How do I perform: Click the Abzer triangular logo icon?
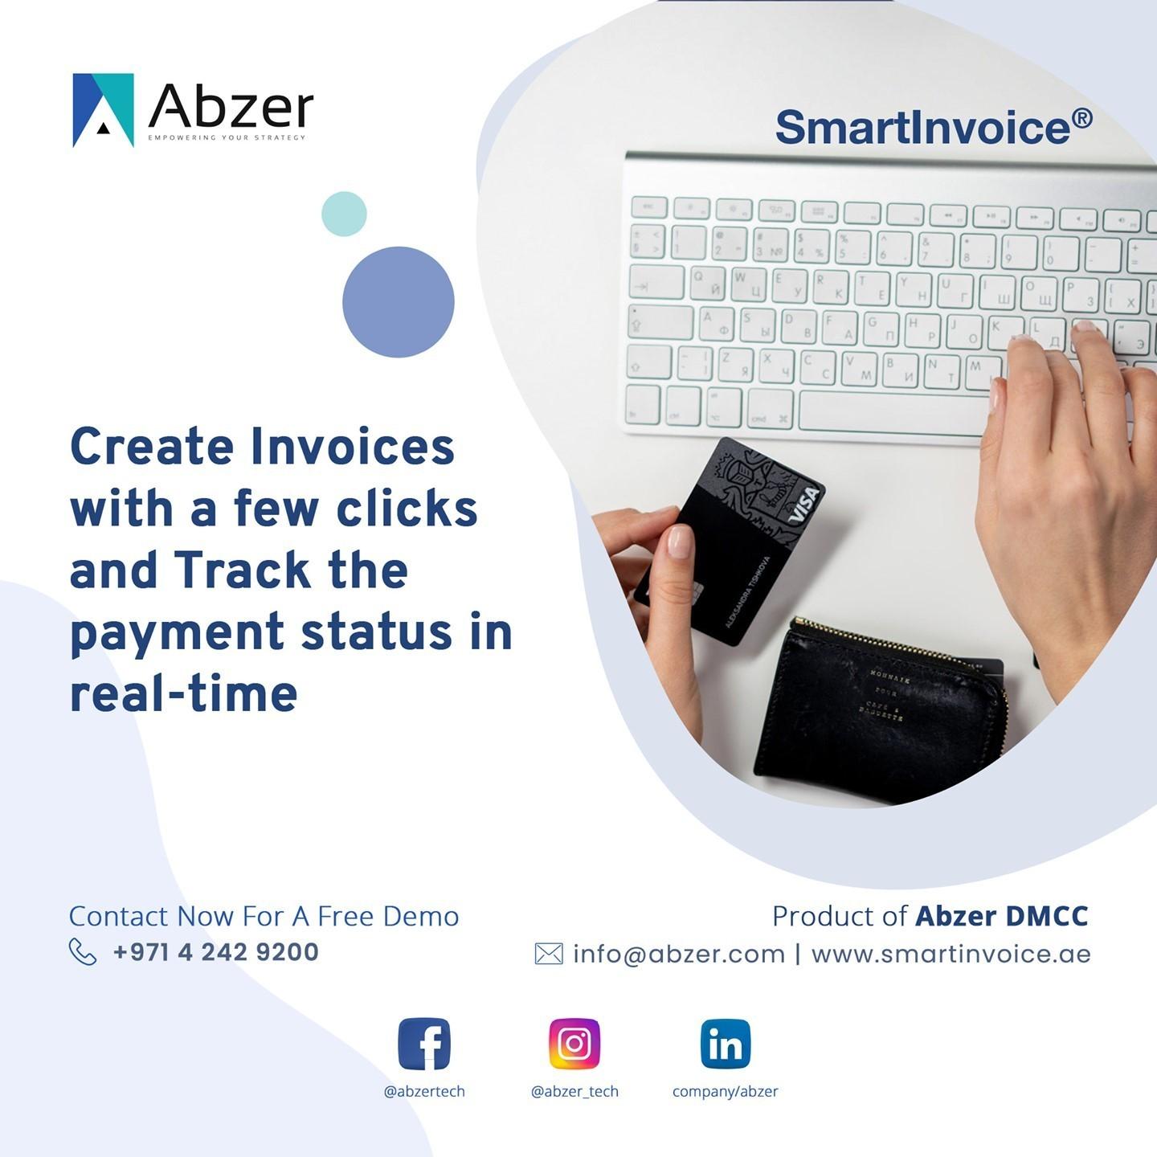pyautogui.click(x=104, y=110)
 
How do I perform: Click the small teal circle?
pyautogui.click(x=344, y=214)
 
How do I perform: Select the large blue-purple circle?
pyautogui.click(x=399, y=302)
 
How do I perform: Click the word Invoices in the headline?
pyautogui.click(x=353, y=447)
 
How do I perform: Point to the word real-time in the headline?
pyautogui.click(x=184, y=694)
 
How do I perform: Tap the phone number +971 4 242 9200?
pyautogui.click(x=216, y=952)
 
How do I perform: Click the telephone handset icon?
pyautogui.click(x=83, y=952)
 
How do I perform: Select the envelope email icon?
pyautogui.click(x=549, y=954)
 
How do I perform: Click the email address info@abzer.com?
pyautogui.click(x=679, y=954)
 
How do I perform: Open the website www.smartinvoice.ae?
pyautogui.click(x=951, y=954)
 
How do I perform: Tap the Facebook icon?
pyautogui.click(x=424, y=1044)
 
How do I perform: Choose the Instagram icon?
pyautogui.click(x=574, y=1044)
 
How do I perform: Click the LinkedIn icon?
pyautogui.click(x=726, y=1044)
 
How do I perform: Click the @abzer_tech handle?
pyautogui.click(x=574, y=1091)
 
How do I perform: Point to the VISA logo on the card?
pyautogui.click(x=803, y=505)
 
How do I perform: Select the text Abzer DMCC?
pyautogui.click(x=1001, y=916)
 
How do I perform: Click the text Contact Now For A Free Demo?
pyautogui.click(x=264, y=916)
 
